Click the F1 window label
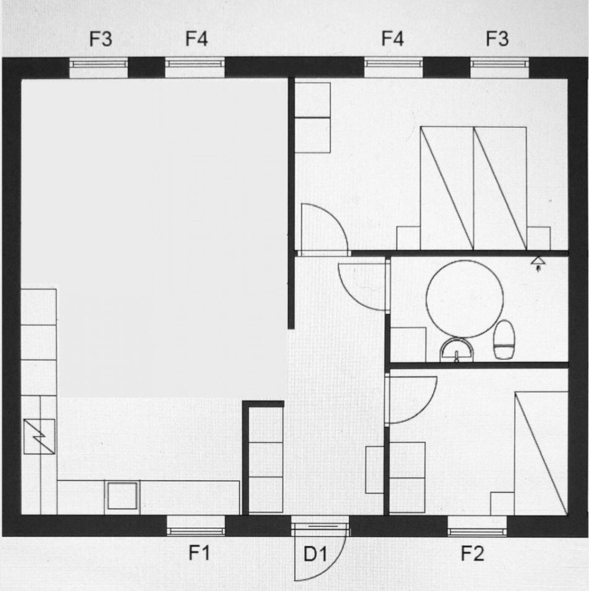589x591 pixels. click(x=199, y=553)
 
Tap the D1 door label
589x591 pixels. click(x=315, y=554)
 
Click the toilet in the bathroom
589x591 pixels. click(x=504, y=339)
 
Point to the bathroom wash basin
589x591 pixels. click(x=457, y=350)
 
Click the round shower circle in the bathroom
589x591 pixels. click(x=465, y=299)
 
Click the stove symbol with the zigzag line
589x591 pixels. click(x=39, y=436)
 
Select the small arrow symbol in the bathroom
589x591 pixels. click(x=538, y=263)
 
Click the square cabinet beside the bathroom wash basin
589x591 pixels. click(x=408, y=345)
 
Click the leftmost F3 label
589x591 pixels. click(x=101, y=39)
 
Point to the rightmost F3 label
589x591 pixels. click(x=497, y=39)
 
